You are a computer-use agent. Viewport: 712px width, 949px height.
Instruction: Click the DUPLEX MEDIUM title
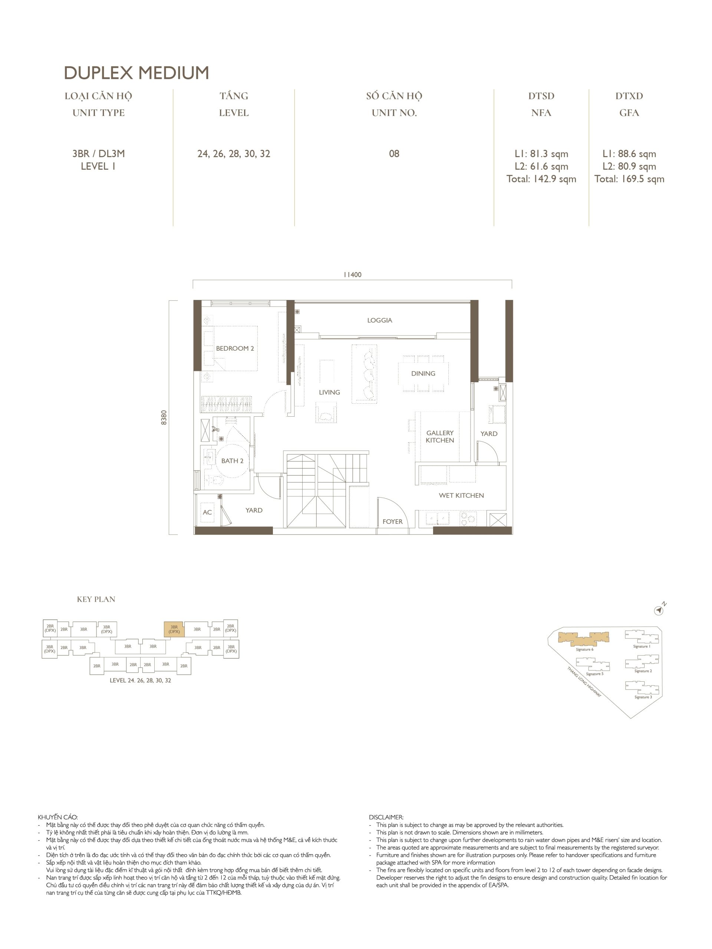click(136, 73)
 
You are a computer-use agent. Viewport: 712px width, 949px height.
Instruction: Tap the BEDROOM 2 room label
click(235, 348)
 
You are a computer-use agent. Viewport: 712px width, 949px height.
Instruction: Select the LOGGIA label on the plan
click(379, 320)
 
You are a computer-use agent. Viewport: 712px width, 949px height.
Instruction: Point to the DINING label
click(423, 374)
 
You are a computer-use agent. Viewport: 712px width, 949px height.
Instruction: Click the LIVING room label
click(329, 392)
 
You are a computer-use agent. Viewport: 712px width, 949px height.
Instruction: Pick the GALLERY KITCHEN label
click(440, 437)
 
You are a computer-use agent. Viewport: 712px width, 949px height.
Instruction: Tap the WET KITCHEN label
click(461, 496)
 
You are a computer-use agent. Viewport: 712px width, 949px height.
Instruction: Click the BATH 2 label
click(232, 461)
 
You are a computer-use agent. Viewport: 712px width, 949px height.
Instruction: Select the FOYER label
click(393, 522)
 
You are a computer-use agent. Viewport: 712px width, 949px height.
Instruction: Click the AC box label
click(207, 512)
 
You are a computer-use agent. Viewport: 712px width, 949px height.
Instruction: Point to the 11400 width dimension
click(352, 275)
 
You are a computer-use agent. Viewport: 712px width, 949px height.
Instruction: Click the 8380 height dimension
click(164, 417)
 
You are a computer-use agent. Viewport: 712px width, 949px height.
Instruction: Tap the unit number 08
click(394, 153)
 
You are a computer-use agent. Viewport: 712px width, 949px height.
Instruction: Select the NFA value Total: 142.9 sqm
click(541, 179)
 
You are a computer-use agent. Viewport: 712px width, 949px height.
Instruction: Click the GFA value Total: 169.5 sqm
click(629, 179)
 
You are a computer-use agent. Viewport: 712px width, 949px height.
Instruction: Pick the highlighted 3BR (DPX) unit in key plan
click(174, 629)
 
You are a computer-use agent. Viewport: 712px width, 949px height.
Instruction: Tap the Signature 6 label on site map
click(584, 649)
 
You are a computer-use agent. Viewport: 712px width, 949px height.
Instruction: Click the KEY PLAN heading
click(96, 599)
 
